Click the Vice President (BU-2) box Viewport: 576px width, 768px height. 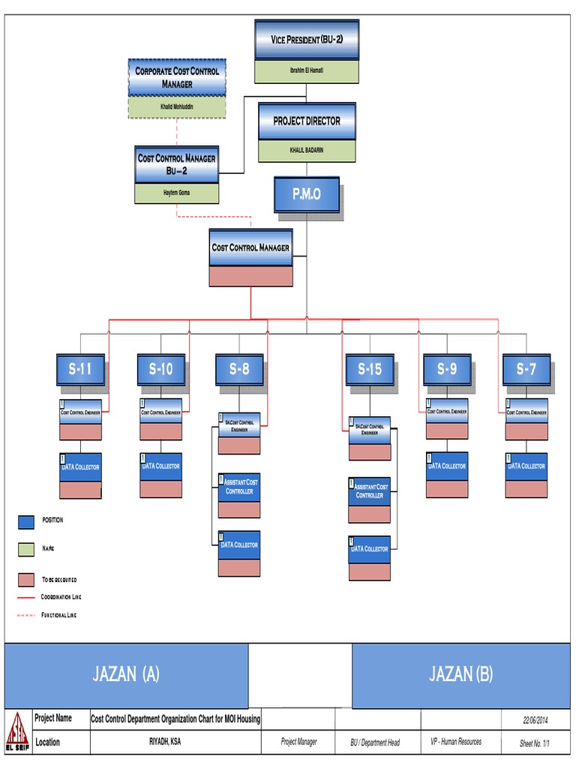tap(306, 40)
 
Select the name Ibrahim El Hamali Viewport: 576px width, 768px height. tap(306, 70)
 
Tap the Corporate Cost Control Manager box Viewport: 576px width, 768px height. tap(177, 77)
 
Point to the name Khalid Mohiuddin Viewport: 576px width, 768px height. tap(177, 106)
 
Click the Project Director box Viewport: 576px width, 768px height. tap(307, 121)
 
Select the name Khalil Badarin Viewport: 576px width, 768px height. tap(307, 151)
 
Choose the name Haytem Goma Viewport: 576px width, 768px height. tap(177, 193)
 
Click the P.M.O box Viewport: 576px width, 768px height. tap(306, 194)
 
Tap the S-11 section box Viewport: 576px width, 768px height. tap(80, 369)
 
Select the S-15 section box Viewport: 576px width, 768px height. tap(370, 369)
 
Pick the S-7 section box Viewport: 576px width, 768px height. tap(526, 369)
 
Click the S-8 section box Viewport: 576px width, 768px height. tap(238, 369)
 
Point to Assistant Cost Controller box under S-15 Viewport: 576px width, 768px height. tap(369, 491)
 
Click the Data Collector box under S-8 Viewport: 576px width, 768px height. tap(239, 545)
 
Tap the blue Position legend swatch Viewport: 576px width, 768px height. tap(26, 521)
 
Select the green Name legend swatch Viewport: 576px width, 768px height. tap(26, 550)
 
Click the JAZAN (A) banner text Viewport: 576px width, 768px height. tap(126, 673)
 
